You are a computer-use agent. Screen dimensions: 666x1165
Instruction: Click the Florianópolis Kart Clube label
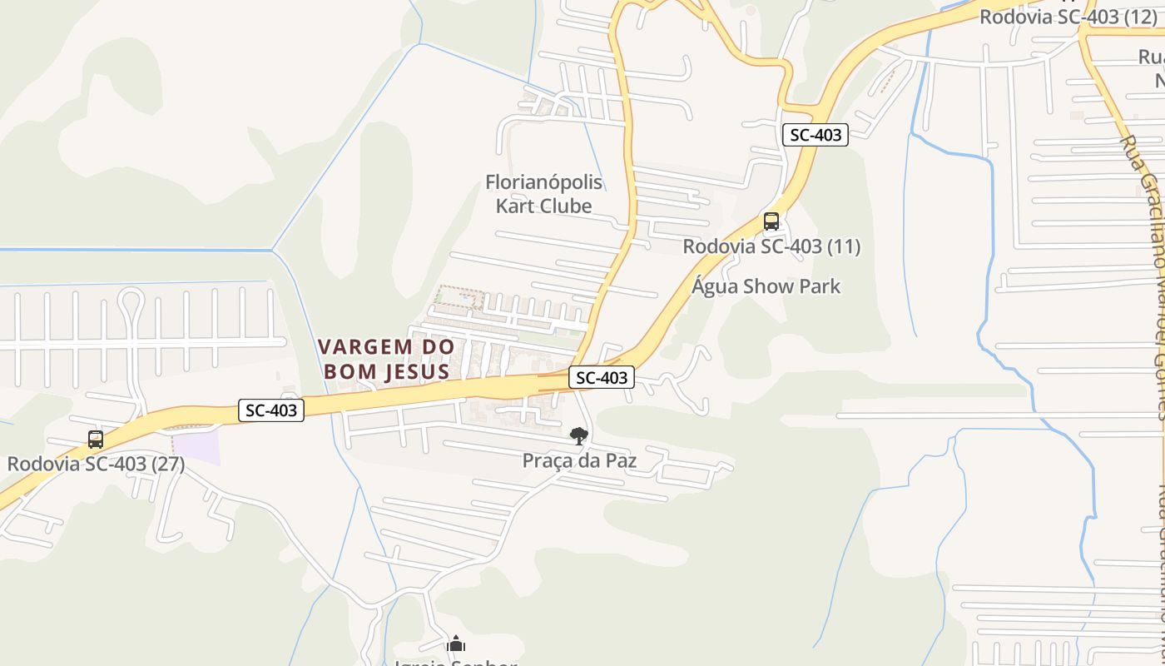pyautogui.click(x=543, y=194)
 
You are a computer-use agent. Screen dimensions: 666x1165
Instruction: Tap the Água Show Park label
pyautogui.click(x=766, y=286)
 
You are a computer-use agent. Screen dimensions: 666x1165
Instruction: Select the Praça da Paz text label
pyautogui.click(x=579, y=460)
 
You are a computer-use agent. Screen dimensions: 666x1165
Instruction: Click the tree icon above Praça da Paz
pyautogui.click(x=578, y=436)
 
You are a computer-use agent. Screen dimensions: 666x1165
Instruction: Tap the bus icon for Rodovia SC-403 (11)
pyautogui.click(x=771, y=221)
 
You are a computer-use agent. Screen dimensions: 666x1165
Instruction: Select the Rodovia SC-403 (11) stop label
pyautogui.click(x=771, y=246)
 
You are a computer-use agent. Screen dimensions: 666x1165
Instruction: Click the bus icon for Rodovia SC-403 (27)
pyautogui.click(x=96, y=440)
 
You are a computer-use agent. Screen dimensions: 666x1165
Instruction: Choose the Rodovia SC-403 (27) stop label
pyautogui.click(x=96, y=464)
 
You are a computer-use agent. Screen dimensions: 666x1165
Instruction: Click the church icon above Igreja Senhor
pyautogui.click(x=455, y=644)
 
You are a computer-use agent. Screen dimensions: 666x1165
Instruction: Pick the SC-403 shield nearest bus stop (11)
pyautogui.click(x=815, y=135)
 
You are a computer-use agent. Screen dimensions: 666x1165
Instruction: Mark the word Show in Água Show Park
pyautogui.click(x=767, y=286)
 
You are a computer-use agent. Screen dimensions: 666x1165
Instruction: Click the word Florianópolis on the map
pyautogui.click(x=543, y=182)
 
